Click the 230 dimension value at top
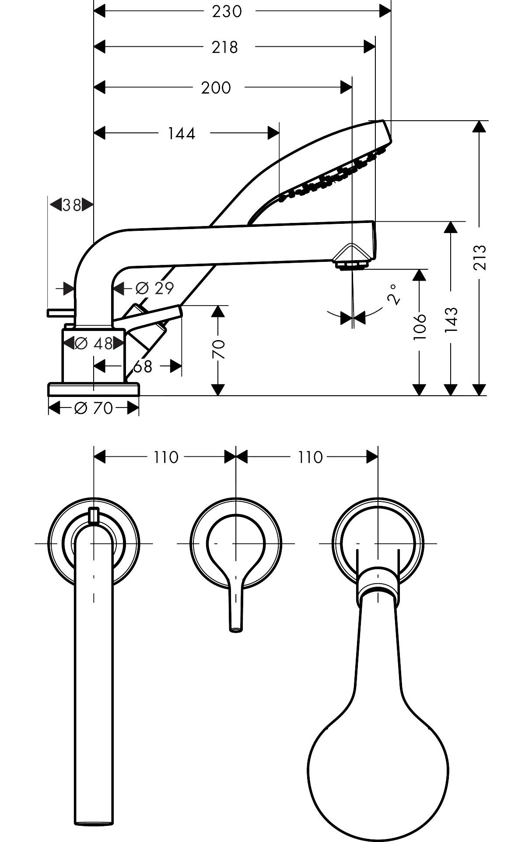point(227,11)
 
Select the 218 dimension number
point(224,47)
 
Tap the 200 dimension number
point(216,88)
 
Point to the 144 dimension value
point(182,133)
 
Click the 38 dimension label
point(72,205)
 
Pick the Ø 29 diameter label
point(154,288)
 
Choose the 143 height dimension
point(451,320)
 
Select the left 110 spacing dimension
point(166,457)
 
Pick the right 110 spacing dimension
point(310,457)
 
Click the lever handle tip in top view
point(236,629)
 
